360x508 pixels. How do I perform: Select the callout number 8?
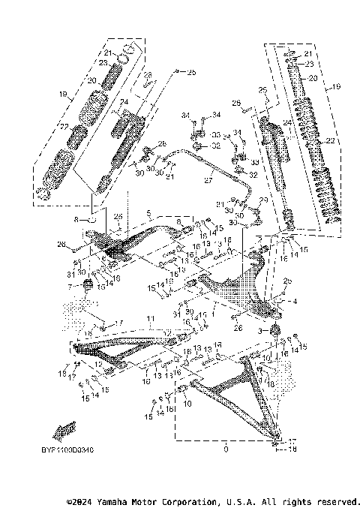pyautogui.click(x=76, y=220)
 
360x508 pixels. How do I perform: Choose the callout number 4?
pyautogui.click(x=295, y=302)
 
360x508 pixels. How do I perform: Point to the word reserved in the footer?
pyautogui.click(x=335, y=500)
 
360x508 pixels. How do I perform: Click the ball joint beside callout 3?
pyautogui.click(x=274, y=331)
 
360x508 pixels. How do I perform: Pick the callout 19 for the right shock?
pyautogui.click(x=336, y=86)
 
